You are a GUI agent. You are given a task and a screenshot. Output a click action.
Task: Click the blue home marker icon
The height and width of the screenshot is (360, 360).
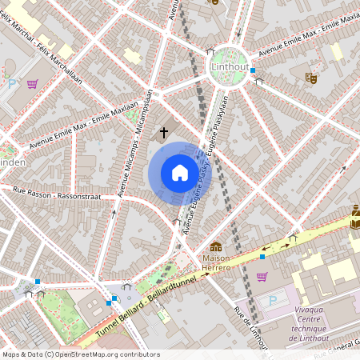[180, 173]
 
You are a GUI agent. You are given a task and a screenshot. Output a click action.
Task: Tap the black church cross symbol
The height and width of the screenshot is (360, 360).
[164, 131]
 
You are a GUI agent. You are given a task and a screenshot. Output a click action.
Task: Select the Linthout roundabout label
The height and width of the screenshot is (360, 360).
[230, 68]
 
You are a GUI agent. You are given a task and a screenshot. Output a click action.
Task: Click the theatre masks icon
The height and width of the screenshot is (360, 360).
[311, 78]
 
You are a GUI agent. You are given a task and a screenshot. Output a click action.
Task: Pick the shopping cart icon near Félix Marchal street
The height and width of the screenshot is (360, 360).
[32, 83]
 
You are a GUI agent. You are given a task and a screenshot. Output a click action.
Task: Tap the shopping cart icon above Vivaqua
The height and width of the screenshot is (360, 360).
[262, 277]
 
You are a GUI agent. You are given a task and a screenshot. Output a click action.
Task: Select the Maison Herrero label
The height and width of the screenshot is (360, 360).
[215, 262]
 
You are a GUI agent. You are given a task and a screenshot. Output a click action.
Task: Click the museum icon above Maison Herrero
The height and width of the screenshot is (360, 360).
[215, 247]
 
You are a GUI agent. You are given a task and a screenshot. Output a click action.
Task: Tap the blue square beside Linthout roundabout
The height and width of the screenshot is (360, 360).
[253, 70]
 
